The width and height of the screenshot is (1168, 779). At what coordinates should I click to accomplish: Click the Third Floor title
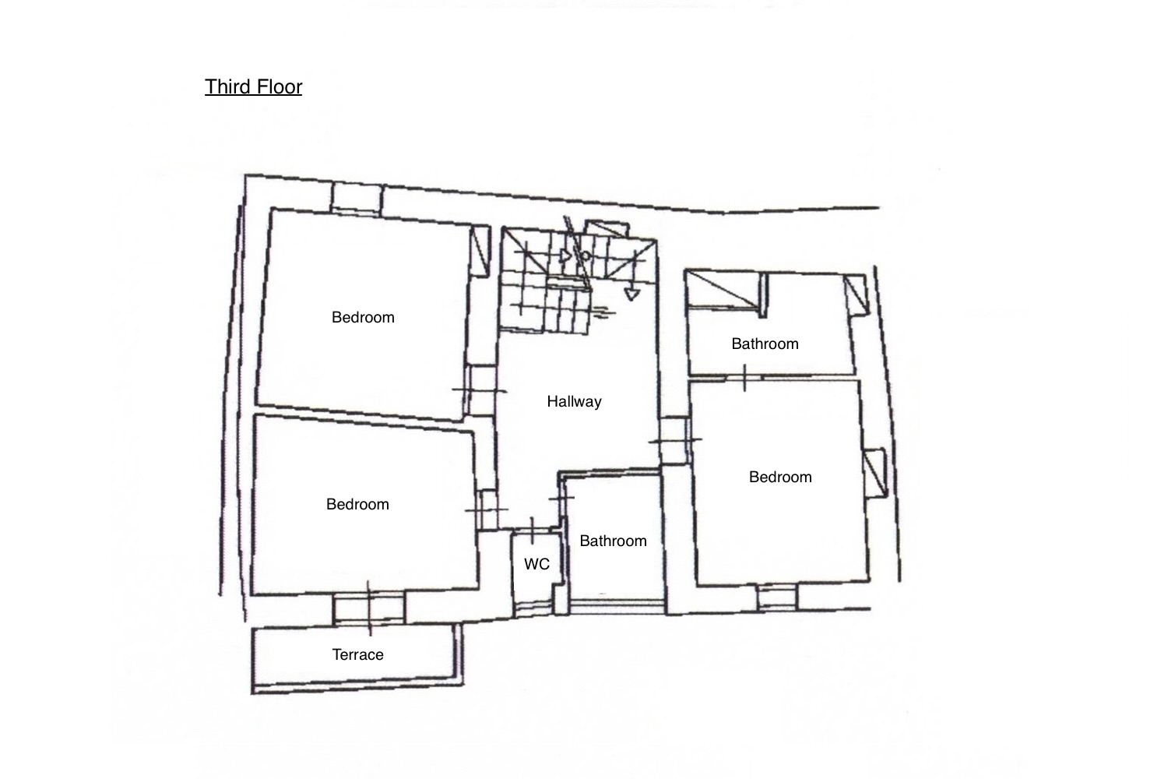point(253,86)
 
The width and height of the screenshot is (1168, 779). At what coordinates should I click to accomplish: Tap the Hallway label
point(574,401)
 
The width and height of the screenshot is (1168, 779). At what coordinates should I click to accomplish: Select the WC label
point(537,564)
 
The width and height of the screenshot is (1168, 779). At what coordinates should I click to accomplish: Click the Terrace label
point(357,654)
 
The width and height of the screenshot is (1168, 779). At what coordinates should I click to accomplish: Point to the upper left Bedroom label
point(363,317)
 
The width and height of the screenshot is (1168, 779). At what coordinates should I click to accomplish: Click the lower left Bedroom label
point(357,504)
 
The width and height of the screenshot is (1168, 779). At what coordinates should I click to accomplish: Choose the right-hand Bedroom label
point(780,477)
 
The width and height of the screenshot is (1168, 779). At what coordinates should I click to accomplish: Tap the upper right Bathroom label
point(765,344)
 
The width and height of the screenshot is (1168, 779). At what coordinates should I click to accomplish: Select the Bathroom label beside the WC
point(614,541)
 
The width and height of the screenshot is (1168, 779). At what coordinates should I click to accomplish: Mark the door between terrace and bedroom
point(369,608)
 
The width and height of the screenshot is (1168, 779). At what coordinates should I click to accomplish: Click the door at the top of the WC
point(533,531)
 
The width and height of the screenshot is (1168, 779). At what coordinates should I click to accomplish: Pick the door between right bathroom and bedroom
point(744,377)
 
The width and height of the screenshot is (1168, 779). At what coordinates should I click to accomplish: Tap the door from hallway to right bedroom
point(675,440)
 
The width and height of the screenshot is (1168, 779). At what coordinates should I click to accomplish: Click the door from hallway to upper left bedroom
point(480,390)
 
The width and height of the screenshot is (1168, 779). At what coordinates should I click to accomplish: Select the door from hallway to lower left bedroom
point(487,509)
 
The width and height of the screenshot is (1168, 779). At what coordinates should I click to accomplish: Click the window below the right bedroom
point(777,597)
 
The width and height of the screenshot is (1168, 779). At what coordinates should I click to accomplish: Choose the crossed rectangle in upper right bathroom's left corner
point(724,290)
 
